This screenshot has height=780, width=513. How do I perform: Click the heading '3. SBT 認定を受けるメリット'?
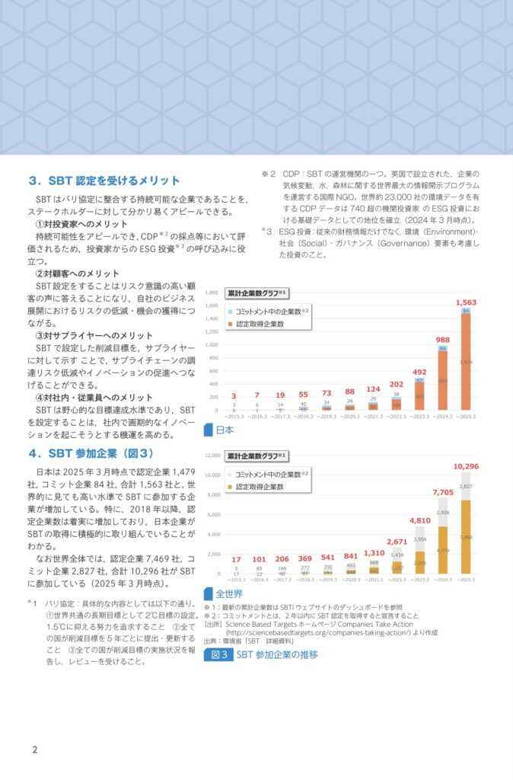coord(104,181)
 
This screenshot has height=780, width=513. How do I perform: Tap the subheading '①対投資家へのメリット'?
coord(82,224)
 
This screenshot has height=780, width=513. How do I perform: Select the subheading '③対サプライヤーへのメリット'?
coord(94,335)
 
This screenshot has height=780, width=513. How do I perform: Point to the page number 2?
coord(34,750)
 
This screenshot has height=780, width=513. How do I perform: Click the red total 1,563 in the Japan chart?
coord(466,302)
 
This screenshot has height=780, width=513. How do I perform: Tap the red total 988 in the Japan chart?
coord(442,340)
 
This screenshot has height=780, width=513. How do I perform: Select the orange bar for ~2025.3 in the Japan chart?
coord(466,362)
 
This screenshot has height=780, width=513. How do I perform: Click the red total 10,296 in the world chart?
coord(466,466)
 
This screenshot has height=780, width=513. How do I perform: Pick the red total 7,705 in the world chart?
coord(442,492)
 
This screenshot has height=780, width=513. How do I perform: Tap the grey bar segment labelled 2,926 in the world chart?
coord(442,513)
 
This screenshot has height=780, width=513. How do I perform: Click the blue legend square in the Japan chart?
coord(230,312)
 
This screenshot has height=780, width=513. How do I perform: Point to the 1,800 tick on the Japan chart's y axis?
coord(212,292)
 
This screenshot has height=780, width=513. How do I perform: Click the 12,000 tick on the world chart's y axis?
coord(210,456)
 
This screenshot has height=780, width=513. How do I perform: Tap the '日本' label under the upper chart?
coord(225,430)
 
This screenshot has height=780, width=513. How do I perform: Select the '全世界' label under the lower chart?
coord(229,593)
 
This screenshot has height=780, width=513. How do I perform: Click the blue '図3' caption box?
coord(218,654)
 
